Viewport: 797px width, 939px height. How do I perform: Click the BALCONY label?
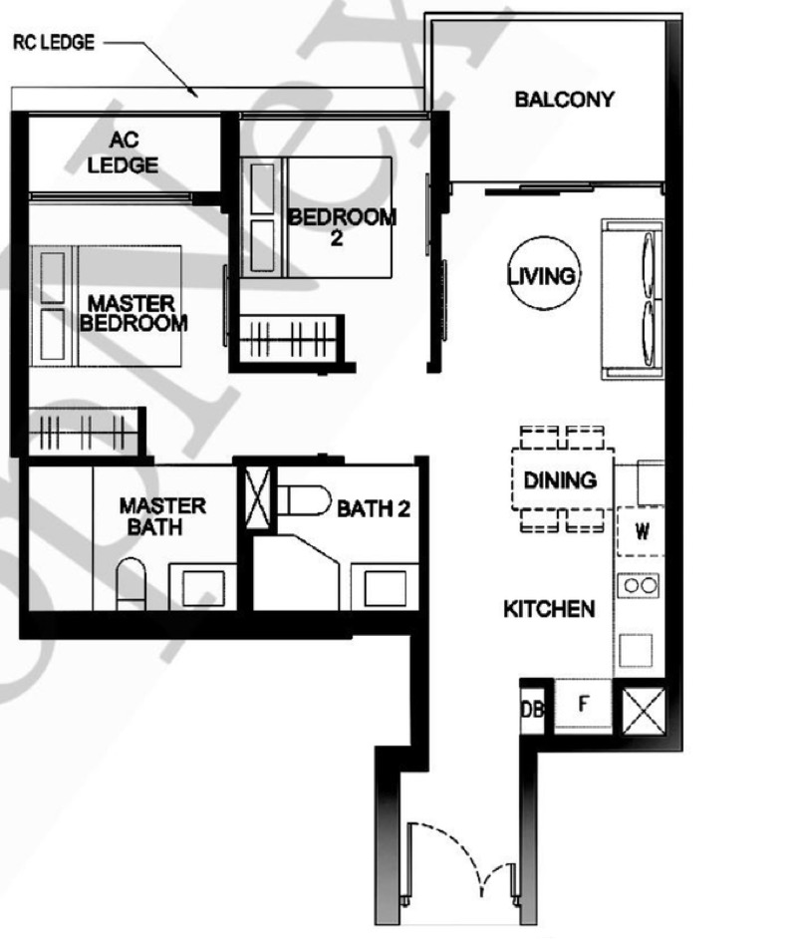(564, 100)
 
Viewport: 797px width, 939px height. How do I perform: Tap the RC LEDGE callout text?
(54, 43)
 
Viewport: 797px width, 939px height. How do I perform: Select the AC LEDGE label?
(124, 153)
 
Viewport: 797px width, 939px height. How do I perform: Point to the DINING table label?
(560, 480)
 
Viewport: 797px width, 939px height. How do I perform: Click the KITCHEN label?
(549, 609)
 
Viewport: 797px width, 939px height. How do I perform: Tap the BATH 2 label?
(374, 509)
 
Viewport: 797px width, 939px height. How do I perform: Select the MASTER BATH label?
(162, 516)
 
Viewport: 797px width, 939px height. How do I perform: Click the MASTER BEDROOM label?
(133, 313)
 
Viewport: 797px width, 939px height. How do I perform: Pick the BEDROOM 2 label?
(342, 227)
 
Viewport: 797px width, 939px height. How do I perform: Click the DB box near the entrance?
(532, 710)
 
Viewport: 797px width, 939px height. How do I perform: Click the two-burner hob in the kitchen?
(639, 585)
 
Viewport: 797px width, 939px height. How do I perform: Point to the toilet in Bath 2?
(304, 500)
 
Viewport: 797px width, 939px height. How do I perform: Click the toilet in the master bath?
(132, 584)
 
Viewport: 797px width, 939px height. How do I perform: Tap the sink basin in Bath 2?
(385, 587)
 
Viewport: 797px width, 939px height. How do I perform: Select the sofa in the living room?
(633, 299)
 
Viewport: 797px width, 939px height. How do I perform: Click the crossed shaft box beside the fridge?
(644, 711)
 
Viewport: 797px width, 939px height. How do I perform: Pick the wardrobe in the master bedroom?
(85, 431)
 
